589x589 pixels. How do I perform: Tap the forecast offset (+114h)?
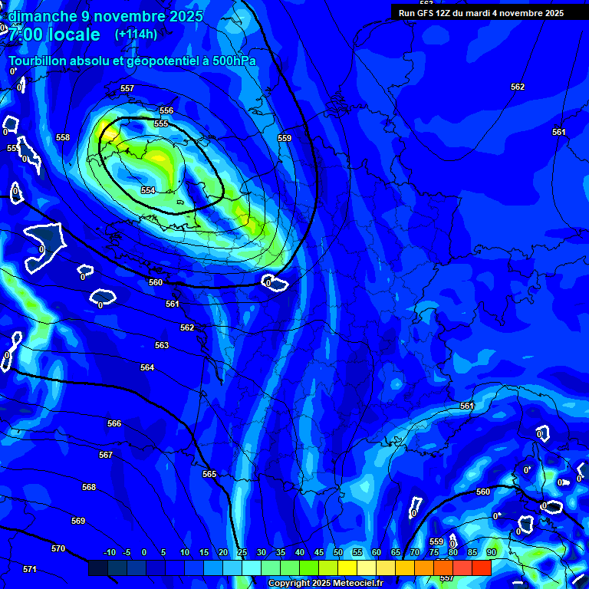tap(136, 35)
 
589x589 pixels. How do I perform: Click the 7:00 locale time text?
tap(54, 35)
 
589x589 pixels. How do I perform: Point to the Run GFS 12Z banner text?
tap(482, 13)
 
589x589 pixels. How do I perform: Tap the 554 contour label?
tap(148, 190)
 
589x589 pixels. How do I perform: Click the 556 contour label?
tap(166, 110)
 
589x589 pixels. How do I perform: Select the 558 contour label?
tap(63, 137)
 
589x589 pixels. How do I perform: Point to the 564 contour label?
tap(147, 367)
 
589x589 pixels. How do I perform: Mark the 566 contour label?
tap(114, 423)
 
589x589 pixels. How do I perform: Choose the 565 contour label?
tap(209, 474)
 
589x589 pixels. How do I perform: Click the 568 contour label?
tap(89, 487)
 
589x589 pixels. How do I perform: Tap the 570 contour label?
tap(58, 548)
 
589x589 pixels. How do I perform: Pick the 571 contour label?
tap(30, 569)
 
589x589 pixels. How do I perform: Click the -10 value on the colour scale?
tap(109, 552)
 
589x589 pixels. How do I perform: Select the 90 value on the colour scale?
tap(491, 552)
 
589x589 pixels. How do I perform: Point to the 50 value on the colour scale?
tap(338, 552)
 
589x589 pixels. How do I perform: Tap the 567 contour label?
tap(106, 455)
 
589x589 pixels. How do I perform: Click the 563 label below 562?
tap(162, 345)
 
